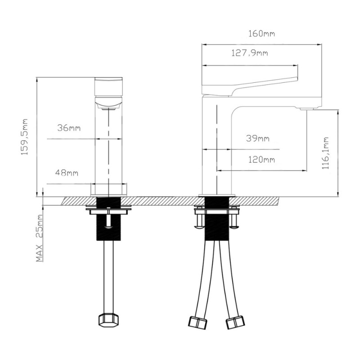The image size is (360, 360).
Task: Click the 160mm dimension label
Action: tap(261, 34)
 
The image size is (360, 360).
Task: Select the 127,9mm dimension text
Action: tap(249, 53)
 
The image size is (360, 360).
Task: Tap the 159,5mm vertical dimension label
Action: tap(24, 137)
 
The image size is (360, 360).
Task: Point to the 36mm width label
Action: tap(69, 128)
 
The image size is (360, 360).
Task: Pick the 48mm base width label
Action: tap(67, 173)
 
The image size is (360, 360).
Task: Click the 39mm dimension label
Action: tap(257, 139)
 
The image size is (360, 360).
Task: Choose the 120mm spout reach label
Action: tap(261, 160)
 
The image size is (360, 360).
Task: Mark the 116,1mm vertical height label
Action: tap(325, 153)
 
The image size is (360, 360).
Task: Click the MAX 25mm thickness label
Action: tap(39, 238)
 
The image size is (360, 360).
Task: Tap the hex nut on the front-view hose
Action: tap(109, 319)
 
